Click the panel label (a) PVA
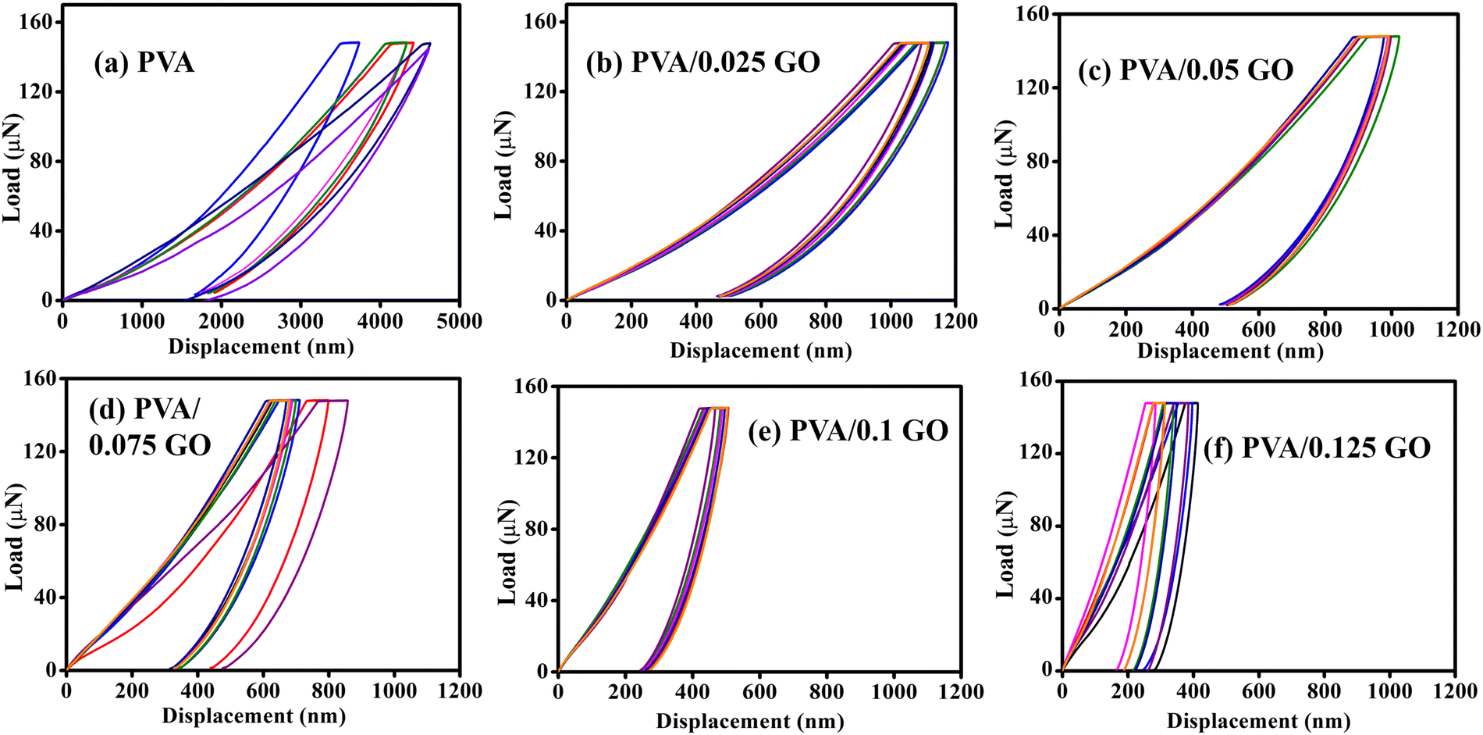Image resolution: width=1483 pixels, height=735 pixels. [144, 62]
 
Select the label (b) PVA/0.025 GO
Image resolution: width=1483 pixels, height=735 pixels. [702, 62]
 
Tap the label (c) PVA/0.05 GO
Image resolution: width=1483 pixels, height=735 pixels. [1185, 70]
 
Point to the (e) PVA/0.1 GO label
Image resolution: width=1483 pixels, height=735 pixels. [848, 430]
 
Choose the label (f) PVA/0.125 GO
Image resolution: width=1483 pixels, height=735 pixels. [1316, 448]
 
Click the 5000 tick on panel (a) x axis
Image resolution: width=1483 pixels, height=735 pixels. [459, 321]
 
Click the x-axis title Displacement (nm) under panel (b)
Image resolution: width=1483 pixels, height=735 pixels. [760, 351]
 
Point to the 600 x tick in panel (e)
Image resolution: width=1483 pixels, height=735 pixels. [759, 692]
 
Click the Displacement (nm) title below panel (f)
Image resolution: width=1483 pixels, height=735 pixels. [1257, 720]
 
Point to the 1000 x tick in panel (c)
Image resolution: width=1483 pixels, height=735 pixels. [1391, 329]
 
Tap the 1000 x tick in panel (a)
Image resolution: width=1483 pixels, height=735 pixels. [142, 321]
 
